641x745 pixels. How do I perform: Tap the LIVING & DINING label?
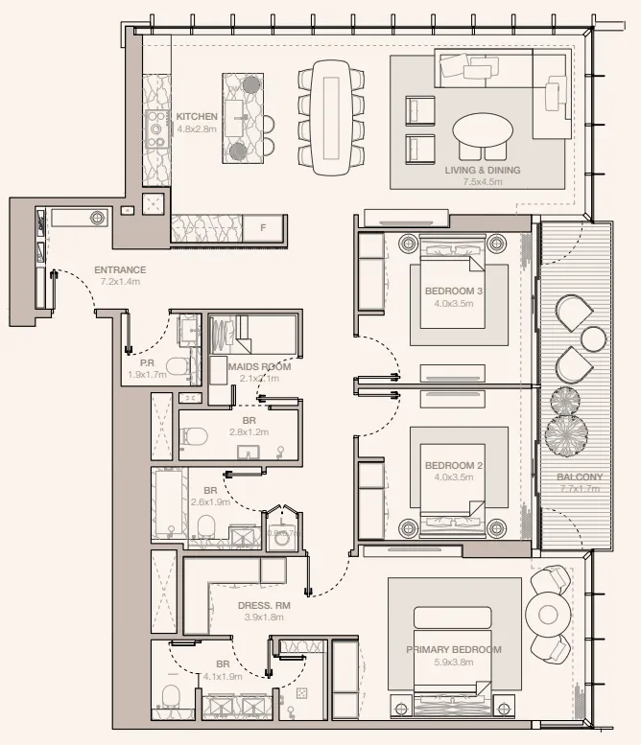[x=483, y=170]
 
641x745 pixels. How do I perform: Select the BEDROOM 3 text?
[x=454, y=291]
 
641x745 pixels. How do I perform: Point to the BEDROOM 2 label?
[x=454, y=466]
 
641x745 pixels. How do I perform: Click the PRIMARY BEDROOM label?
[x=453, y=650]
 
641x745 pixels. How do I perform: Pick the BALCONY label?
[x=580, y=477]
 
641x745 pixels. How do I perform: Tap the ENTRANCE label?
[x=120, y=270]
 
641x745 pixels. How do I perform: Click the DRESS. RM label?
[x=263, y=606]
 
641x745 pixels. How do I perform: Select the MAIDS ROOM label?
[x=259, y=366]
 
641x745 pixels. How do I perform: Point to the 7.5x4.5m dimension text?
[x=483, y=182]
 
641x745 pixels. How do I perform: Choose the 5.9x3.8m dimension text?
[x=453, y=663]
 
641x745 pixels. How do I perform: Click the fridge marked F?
[x=262, y=228]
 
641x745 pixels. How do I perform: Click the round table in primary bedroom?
[x=549, y=615]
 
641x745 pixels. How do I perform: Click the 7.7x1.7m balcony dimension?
[x=580, y=489]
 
